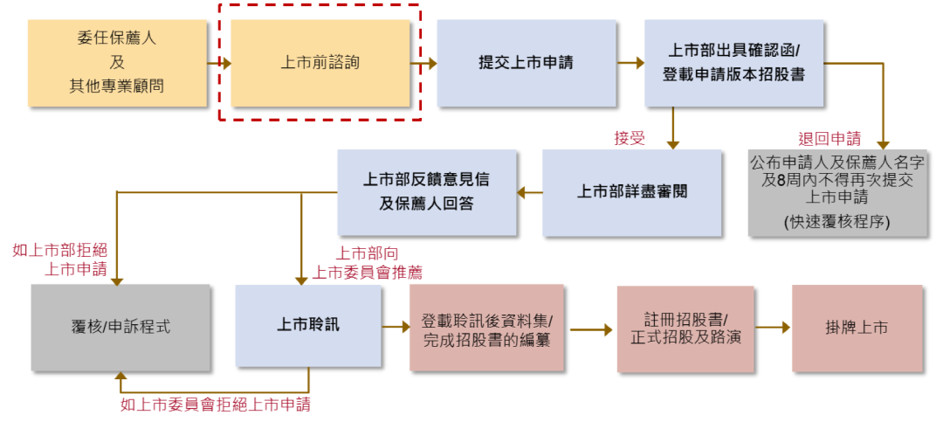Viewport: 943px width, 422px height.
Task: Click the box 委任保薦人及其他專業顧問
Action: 117,63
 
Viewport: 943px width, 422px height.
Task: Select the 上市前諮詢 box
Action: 320,63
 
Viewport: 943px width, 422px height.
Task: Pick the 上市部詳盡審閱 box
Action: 631,192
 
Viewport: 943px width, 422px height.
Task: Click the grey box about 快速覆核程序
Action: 836,192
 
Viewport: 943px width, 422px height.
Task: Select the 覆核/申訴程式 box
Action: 120,328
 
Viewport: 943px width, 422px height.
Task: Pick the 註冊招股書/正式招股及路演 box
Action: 685,328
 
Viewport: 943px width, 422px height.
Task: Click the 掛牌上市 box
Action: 857,328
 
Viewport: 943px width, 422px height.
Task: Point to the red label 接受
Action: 630,138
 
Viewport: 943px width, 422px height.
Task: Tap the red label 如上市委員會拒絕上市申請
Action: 215,405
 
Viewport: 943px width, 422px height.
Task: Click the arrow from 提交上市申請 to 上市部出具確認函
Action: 629,63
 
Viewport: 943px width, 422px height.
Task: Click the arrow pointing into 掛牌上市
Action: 773,328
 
